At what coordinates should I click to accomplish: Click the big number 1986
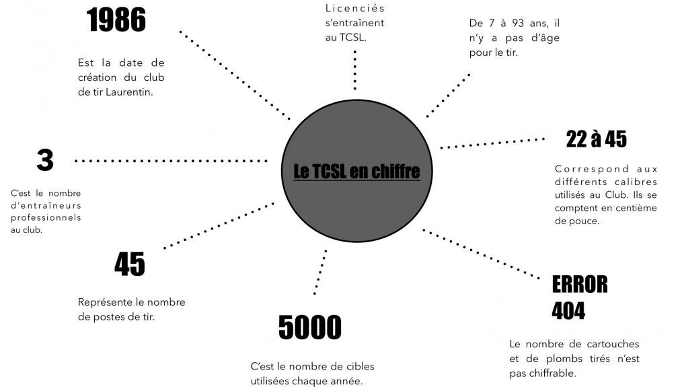tap(116, 22)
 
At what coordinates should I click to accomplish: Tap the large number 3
tap(44, 161)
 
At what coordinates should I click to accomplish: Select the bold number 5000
tap(309, 328)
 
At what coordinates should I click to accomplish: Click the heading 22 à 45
tap(596, 139)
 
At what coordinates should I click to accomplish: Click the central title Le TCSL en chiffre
tap(356, 172)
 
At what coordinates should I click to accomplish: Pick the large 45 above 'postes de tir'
tap(129, 265)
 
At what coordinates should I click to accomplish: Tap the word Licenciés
tap(354, 9)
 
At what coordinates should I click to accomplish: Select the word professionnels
tap(46, 218)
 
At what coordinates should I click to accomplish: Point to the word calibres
tap(636, 182)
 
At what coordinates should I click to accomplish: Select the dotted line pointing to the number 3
tap(172, 161)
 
